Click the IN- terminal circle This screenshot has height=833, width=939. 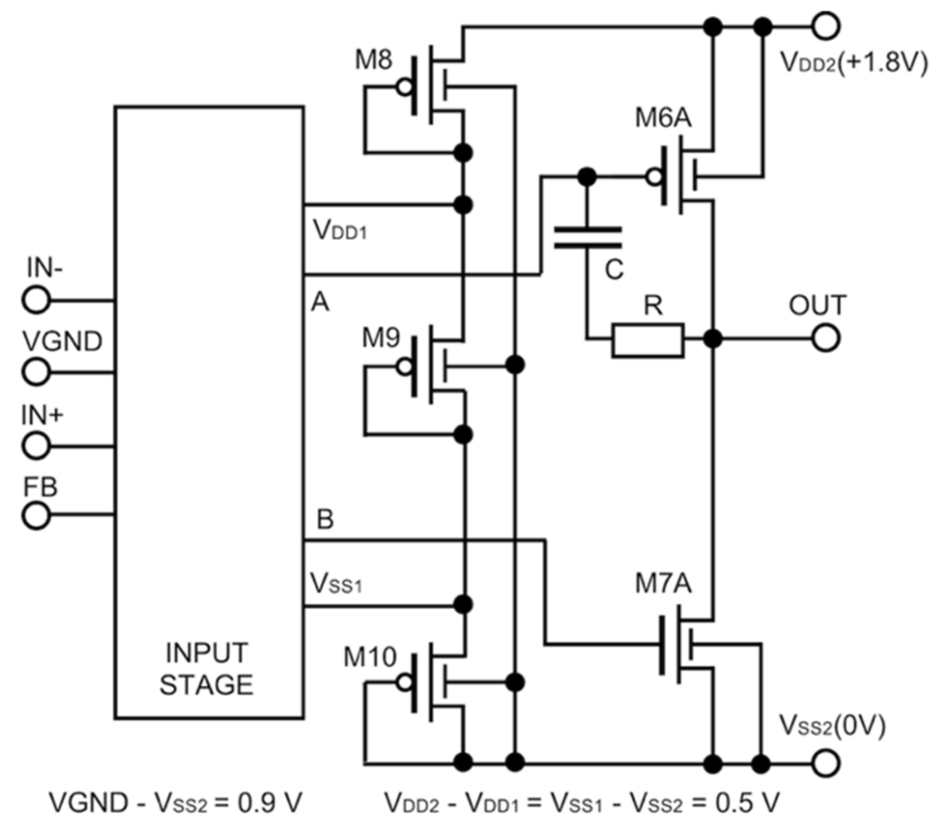[x=36, y=300]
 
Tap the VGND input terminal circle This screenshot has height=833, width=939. [x=36, y=372]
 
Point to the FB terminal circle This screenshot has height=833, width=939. [x=36, y=515]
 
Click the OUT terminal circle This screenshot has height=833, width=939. [x=826, y=339]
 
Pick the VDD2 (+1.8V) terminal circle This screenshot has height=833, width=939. [x=826, y=26]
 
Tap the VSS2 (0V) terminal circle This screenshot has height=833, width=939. [x=826, y=763]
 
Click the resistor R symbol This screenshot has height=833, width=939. [x=648, y=340]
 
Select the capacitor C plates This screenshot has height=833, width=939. [x=588, y=237]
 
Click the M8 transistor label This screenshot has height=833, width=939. [x=373, y=60]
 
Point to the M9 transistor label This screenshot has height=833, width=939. [x=381, y=338]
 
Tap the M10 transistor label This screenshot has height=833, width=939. [x=370, y=657]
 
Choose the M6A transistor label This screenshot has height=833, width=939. [x=663, y=118]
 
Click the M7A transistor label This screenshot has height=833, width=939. [x=663, y=583]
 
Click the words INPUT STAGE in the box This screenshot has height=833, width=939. [x=206, y=669]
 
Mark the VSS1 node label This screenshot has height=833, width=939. [x=336, y=584]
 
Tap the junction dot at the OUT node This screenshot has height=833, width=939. [x=712, y=339]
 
